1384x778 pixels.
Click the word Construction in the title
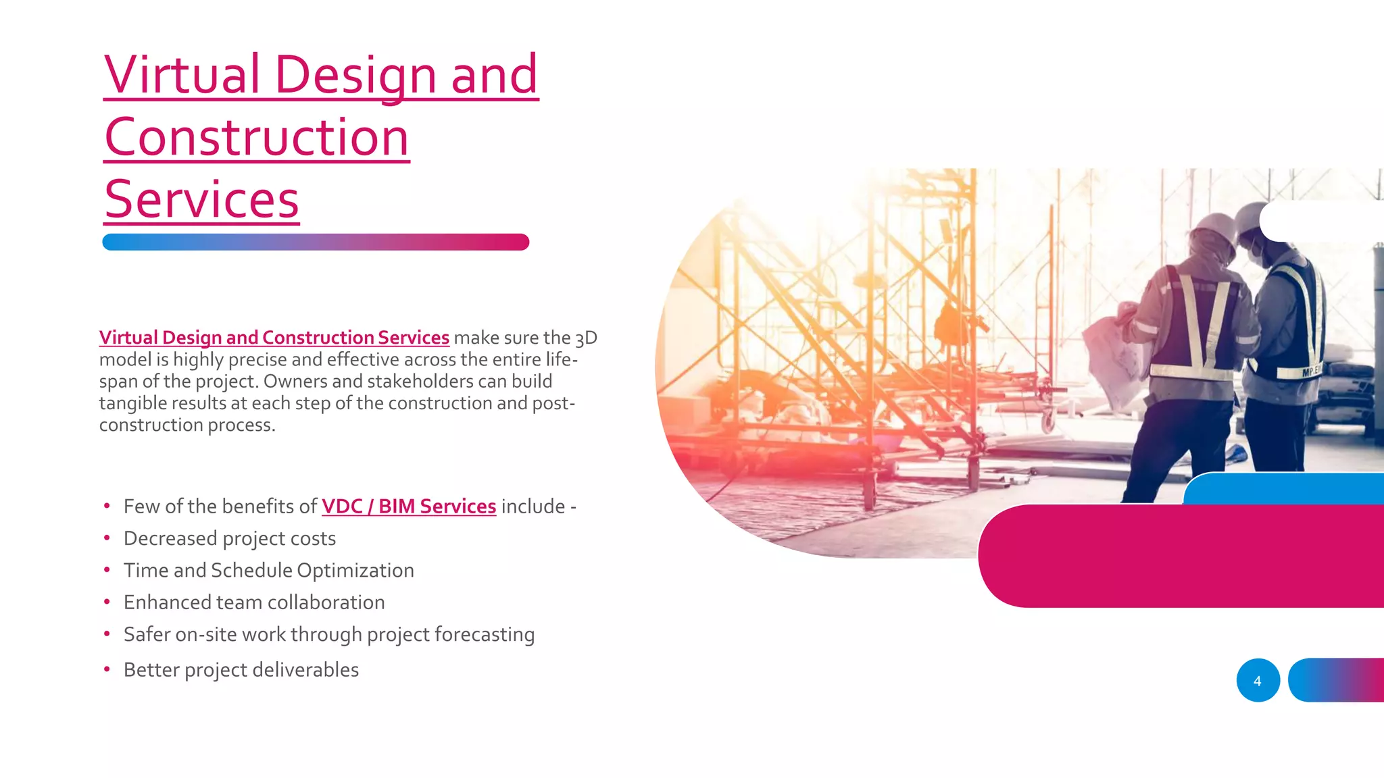click(257, 138)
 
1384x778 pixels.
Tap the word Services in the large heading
click(201, 200)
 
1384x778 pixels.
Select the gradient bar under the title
click(315, 242)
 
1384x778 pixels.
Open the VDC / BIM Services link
click(409, 507)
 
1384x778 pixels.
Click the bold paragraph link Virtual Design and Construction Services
click(274, 338)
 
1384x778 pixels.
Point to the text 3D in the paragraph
click(586, 338)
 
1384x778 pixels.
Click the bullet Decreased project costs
click(230, 539)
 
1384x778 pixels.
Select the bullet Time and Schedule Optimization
click(268, 571)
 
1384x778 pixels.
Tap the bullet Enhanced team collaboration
click(254, 602)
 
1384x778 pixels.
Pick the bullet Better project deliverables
click(241, 670)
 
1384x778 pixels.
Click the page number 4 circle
click(1258, 681)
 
